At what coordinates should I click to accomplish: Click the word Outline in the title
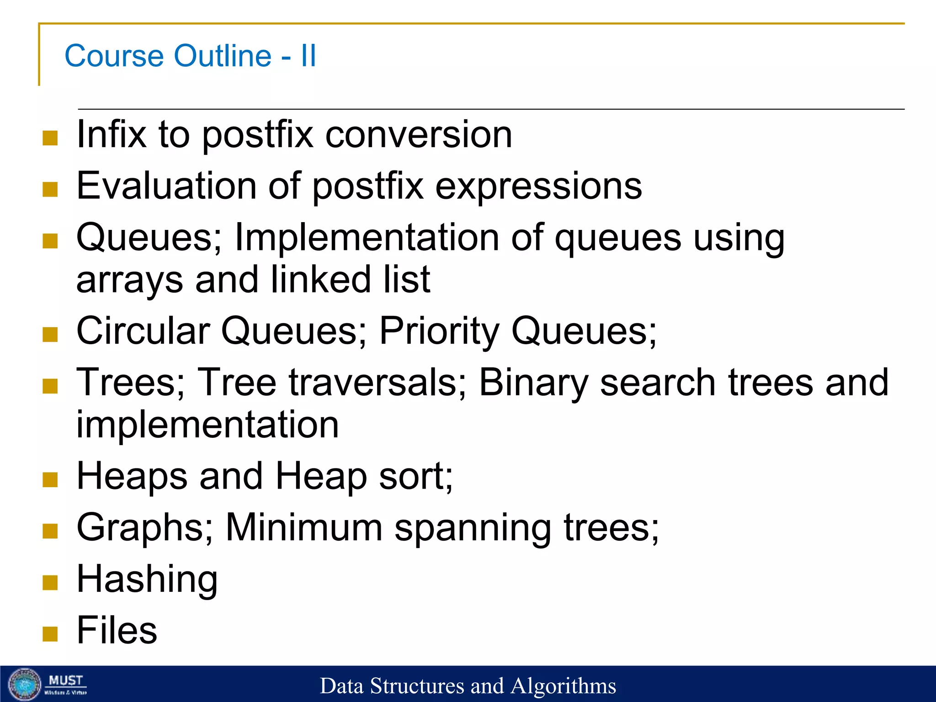point(223,56)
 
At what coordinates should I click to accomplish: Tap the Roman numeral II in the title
point(308,56)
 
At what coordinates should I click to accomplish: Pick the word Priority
point(439,331)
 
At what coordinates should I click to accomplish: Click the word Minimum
point(304,527)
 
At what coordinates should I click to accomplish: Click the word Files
point(117,630)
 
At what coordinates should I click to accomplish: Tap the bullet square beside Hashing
point(50,582)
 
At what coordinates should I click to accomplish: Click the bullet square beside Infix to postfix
point(50,138)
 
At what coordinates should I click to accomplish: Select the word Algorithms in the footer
point(563,686)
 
